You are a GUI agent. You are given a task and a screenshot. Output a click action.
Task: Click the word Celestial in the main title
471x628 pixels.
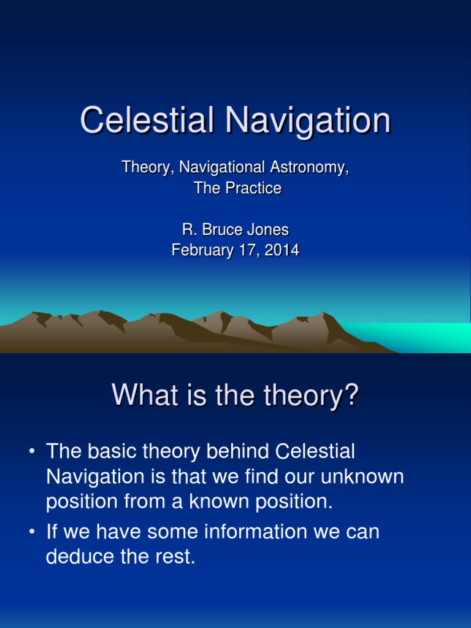coord(147,120)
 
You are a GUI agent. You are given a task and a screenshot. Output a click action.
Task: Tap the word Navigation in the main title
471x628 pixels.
coord(308,120)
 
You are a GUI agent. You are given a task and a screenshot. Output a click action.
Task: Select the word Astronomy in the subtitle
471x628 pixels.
coord(309,167)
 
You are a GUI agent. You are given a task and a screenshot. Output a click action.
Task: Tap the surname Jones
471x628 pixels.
coord(268,229)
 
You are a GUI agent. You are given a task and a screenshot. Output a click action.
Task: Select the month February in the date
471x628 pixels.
coord(202,250)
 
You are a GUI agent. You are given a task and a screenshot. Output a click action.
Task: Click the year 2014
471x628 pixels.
coord(282,250)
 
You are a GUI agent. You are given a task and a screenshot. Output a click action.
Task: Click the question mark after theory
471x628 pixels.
coord(351,395)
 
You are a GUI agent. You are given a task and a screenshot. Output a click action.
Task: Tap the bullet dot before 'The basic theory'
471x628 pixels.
coord(32,451)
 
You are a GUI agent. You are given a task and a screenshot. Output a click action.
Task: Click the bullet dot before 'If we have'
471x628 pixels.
coord(32,532)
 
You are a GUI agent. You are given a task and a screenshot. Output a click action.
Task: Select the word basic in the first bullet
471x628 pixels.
coord(112,451)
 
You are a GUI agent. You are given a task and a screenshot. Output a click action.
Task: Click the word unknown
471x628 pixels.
coord(362,476)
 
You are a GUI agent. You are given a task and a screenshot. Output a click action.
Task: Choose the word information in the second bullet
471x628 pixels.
coord(256,532)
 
